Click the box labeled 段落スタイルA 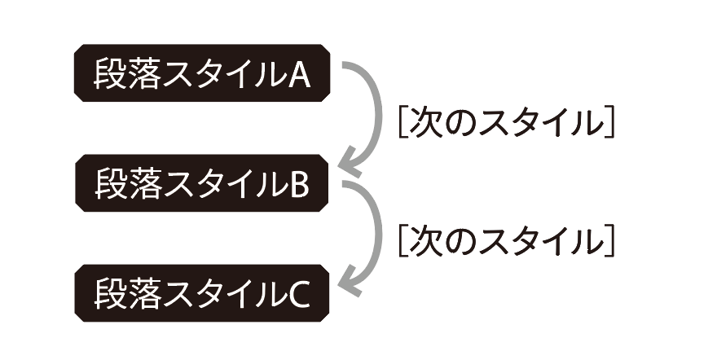pos(202,72)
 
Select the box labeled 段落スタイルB pos(202,182)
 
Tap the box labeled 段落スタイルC pos(202,293)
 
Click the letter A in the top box pos(299,74)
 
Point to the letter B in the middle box pos(299,184)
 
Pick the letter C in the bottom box pos(299,295)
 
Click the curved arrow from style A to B pos(378,114)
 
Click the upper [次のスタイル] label pos(505,123)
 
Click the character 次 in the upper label pos(425,123)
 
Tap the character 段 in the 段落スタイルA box pos(109,73)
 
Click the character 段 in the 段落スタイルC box pos(109,294)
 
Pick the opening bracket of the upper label pos(402,123)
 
